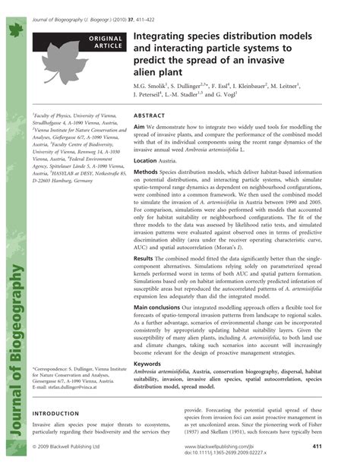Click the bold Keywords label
[x=149, y=363]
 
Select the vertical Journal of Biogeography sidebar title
[x=14, y=342]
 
